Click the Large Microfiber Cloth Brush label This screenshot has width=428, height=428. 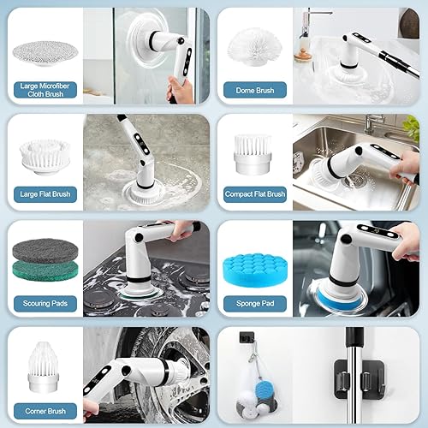(45, 88)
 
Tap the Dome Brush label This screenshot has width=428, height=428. (254, 88)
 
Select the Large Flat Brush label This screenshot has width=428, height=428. (45, 194)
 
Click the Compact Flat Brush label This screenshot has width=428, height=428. (254, 194)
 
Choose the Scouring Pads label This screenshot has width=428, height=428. (45, 303)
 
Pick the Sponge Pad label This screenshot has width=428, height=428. (254, 303)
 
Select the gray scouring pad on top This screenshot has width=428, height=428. (45, 251)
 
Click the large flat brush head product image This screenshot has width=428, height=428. (45, 151)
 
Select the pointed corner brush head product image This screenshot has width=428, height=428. (45, 361)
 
